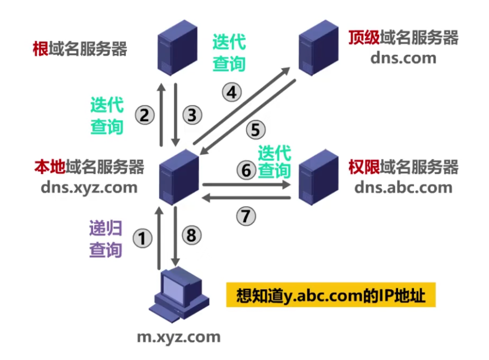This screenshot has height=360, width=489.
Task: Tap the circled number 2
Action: pyautogui.click(x=144, y=115)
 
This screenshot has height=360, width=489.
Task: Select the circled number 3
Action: pyautogui.click(x=191, y=115)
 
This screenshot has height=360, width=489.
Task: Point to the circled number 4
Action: pyautogui.click(x=232, y=92)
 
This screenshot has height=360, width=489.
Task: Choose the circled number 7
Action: pyautogui.click(x=246, y=216)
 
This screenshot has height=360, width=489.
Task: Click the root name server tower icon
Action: pyautogui.click(x=170, y=52)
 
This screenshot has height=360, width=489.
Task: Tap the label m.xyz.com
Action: pyautogui.click(x=178, y=336)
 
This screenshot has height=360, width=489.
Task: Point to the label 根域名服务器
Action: pyautogui.click(x=80, y=50)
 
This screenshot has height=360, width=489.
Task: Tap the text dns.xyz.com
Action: pyautogui.click(x=89, y=188)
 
